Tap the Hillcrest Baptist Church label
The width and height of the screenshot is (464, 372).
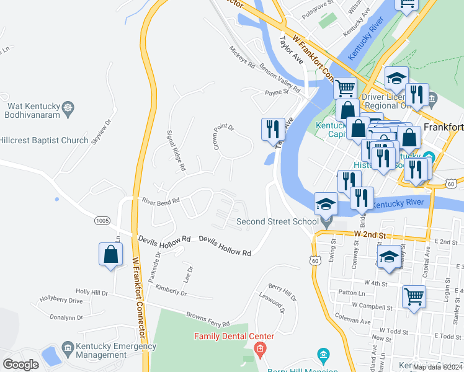[44, 140]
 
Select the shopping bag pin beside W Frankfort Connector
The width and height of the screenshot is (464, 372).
[110, 255]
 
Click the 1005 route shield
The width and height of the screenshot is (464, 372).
[103, 221]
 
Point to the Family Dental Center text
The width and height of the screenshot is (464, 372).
[234, 337]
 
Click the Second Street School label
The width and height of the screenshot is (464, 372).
[277, 221]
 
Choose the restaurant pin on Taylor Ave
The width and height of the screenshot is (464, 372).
[272, 130]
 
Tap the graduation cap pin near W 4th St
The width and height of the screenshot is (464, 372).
[388, 257]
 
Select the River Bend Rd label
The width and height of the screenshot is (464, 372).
[161, 201]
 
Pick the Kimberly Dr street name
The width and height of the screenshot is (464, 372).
[171, 290]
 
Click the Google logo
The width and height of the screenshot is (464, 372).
[21, 365]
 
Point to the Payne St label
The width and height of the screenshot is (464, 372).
[277, 92]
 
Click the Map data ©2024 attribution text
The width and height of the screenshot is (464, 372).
[437, 367]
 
